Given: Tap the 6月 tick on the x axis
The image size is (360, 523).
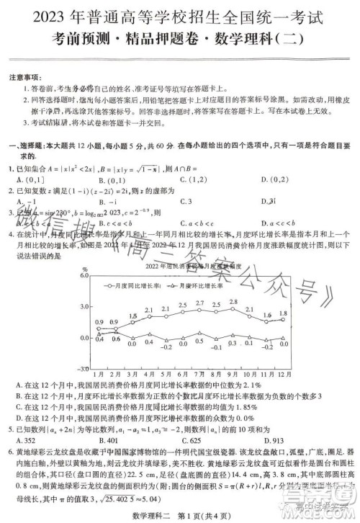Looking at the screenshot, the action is point(183,373).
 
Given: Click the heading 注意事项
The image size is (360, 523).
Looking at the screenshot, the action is point(26,76).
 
